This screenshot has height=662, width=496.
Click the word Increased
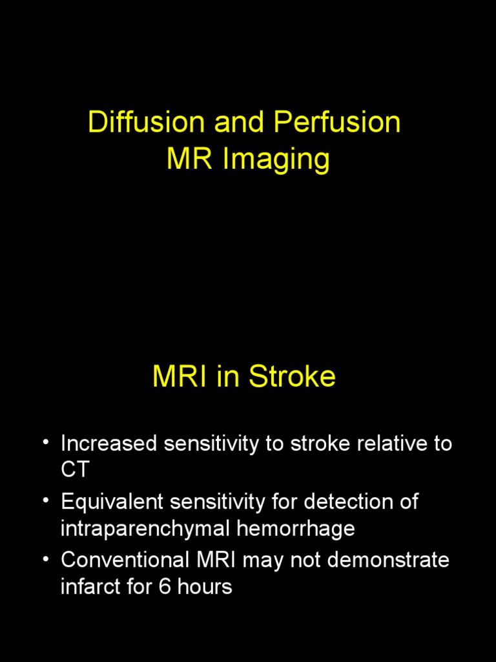point(109,444)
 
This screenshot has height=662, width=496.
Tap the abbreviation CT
point(74,470)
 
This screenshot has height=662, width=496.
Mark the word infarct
point(88,586)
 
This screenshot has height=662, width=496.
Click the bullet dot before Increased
point(46,443)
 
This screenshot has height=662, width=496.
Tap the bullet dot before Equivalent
point(46,501)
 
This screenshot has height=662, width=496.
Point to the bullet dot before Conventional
point(46,559)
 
